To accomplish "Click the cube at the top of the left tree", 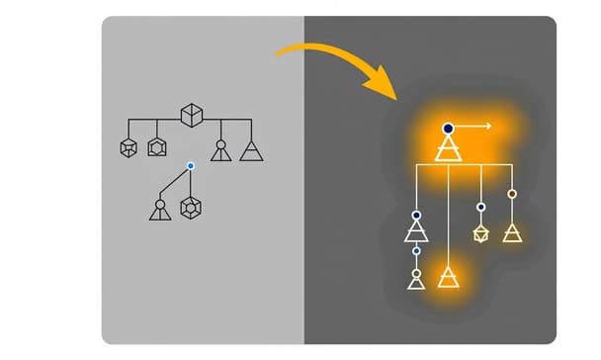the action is point(191,116).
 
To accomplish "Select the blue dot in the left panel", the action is point(190,165).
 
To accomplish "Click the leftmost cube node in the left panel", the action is point(127,148).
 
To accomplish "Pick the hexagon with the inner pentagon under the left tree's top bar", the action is point(156,148).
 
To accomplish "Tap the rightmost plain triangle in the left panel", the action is point(252,149).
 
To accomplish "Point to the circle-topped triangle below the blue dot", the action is point(159,209).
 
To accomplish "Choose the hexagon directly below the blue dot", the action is point(190,209).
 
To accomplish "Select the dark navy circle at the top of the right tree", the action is point(448,128).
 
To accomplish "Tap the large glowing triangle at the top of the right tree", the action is point(448,149).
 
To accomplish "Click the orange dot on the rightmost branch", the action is point(512,194).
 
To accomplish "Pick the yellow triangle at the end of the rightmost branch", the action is point(511,232).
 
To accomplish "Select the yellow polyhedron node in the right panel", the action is point(481,234).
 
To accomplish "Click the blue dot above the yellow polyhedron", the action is point(481,207).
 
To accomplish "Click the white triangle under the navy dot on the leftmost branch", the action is point(416,232).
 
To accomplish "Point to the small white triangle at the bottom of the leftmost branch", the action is point(416,280).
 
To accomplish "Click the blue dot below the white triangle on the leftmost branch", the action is point(416,252).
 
